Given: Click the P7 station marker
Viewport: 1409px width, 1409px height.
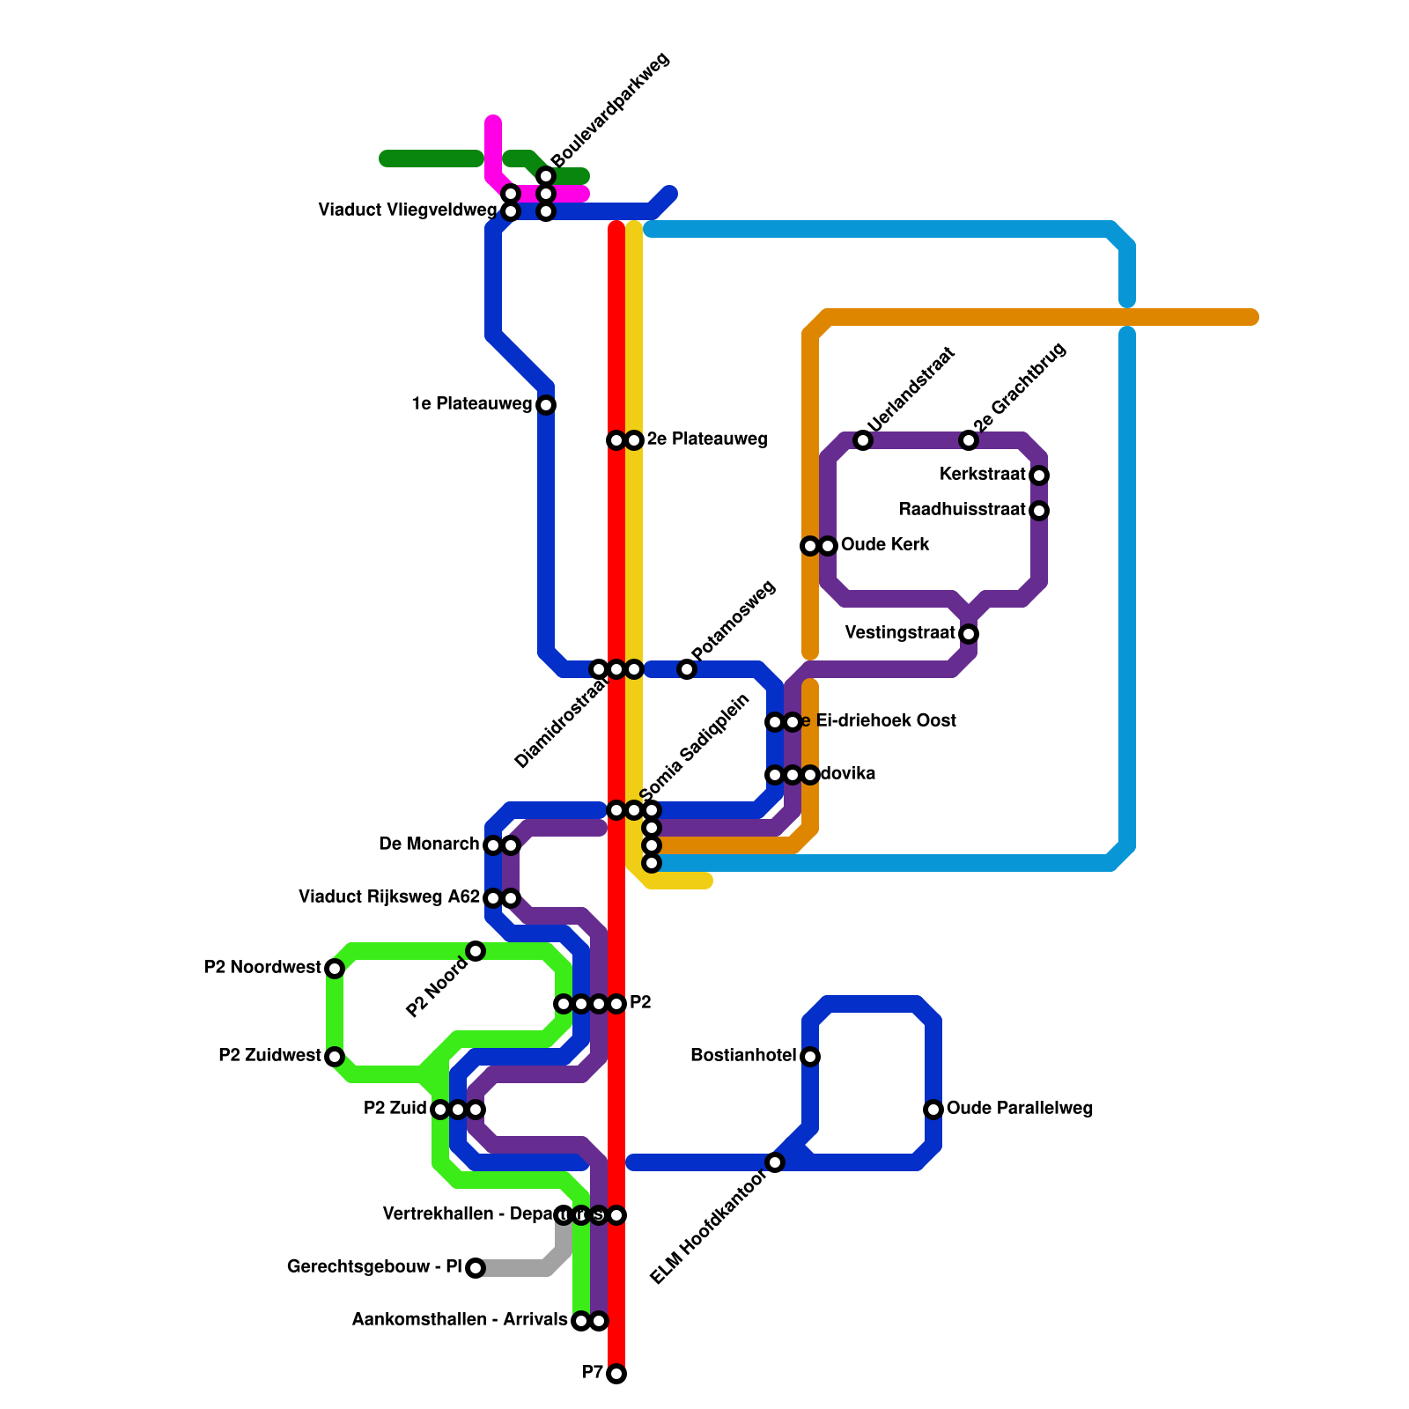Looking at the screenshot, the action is (616, 1374).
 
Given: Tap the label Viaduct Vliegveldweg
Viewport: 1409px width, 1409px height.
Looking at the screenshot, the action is (407, 210).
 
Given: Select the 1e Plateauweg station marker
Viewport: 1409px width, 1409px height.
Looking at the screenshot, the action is (546, 405).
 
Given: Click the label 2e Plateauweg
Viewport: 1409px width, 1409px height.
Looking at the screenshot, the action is (707, 439).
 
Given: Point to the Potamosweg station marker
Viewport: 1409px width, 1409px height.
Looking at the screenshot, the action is (687, 669).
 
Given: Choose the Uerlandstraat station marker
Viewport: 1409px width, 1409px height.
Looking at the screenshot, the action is (863, 440).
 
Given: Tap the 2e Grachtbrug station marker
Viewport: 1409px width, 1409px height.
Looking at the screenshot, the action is (969, 440).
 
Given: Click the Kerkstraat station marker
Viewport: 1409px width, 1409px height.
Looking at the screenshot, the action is (1039, 476).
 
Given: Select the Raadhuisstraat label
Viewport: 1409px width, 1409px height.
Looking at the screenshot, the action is (962, 510).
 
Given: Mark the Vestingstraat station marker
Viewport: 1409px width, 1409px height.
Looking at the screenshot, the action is (969, 634).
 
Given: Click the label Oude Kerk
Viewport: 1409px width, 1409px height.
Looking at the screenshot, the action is (885, 545).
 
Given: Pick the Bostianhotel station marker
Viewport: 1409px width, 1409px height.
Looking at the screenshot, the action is (810, 1057).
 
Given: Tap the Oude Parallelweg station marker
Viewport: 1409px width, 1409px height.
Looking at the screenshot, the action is (933, 1110).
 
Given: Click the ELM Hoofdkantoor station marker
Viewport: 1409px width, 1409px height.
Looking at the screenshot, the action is (775, 1162).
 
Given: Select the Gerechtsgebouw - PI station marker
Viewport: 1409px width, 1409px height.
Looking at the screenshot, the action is (476, 1268).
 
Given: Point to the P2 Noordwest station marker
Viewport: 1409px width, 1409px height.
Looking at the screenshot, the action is (335, 969).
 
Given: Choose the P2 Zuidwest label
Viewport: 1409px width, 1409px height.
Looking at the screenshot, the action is (269, 1056).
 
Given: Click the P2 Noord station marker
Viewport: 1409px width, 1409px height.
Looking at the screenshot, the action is (476, 951).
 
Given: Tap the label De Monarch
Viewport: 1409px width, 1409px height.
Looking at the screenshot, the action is (429, 845).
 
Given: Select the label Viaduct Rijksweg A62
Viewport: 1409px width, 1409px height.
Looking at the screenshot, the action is (389, 897).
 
